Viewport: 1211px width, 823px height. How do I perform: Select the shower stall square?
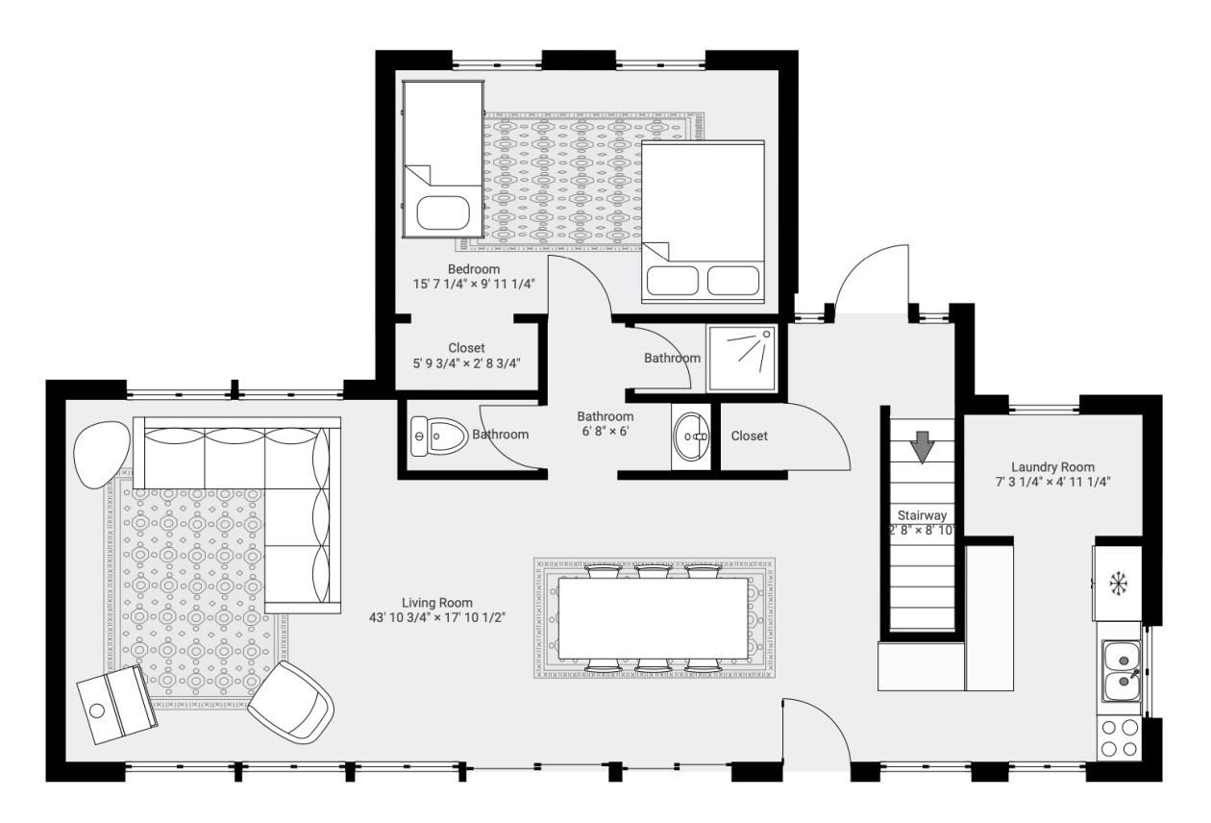click(x=742, y=358)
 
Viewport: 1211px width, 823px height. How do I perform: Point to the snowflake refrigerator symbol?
click(x=1118, y=583)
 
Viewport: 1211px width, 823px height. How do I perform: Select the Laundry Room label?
click(x=1052, y=467)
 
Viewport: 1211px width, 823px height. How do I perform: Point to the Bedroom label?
click(x=474, y=268)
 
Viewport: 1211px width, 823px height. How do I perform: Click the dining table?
click(x=654, y=618)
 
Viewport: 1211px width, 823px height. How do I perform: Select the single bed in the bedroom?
click(x=442, y=159)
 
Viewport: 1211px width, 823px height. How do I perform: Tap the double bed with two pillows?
click(x=703, y=221)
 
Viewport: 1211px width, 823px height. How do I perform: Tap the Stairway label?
click(x=923, y=515)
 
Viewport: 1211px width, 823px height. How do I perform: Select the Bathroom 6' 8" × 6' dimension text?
click(x=605, y=431)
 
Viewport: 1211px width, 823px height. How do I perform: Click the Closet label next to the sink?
click(x=750, y=436)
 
